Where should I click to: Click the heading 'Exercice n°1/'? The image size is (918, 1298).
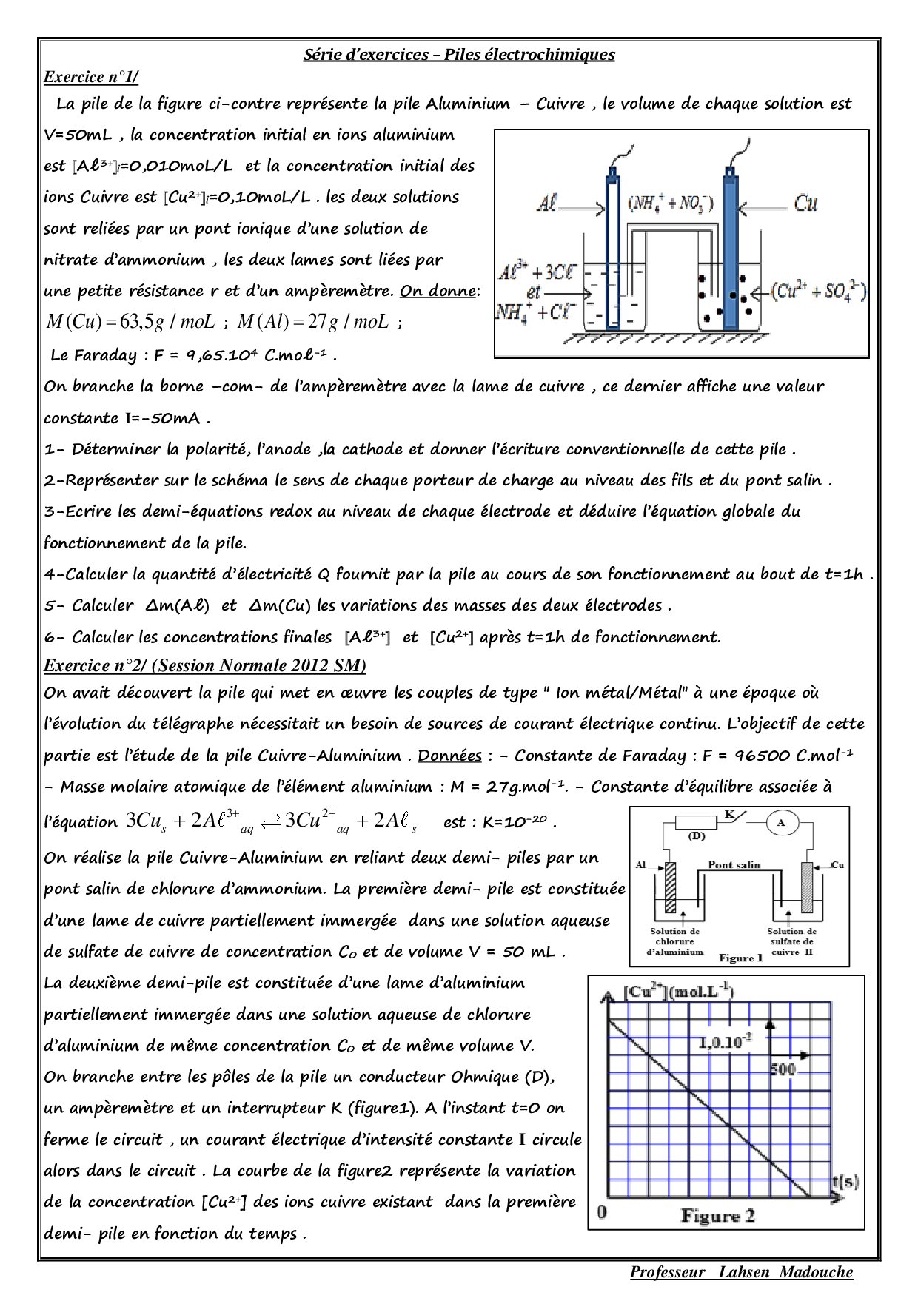click(91, 77)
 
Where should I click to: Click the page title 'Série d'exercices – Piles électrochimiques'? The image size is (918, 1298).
click(459, 55)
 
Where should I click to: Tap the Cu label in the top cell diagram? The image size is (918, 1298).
click(805, 203)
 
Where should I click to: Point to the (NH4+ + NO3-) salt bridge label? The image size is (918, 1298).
click(670, 202)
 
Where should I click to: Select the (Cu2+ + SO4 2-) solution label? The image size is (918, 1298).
click(819, 291)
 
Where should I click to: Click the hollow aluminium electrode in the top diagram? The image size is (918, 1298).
click(612, 252)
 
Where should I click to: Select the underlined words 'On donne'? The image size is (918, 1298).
click(438, 291)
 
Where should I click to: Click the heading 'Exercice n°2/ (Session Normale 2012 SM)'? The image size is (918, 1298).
click(205, 665)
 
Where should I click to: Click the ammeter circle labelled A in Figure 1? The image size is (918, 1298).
click(780, 821)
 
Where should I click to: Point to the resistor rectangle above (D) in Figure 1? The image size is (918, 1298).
click(696, 821)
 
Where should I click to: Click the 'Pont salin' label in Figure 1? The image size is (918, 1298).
click(734, 864)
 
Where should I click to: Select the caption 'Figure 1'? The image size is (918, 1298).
click(740, 958)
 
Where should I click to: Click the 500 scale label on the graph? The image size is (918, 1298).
click(783, 1069)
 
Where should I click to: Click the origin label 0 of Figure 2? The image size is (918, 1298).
click(602, 1211)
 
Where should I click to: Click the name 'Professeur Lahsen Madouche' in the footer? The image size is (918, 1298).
click(741, 1272)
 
